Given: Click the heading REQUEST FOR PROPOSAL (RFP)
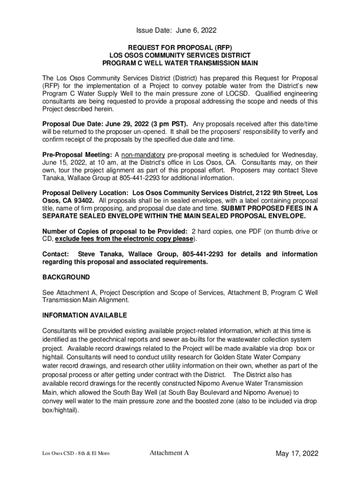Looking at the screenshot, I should pos(180,47).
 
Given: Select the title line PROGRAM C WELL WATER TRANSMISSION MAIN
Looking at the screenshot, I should pos(180,63).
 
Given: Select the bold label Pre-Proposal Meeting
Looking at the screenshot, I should pos(77,155).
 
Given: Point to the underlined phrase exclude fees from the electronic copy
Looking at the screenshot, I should pos(124,239).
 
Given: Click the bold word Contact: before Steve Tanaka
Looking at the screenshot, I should pos(56,254).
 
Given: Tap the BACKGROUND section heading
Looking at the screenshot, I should pos(66,277).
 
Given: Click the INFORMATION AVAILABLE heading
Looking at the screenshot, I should pos(85,316).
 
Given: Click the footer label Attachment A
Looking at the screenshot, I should pos(169,453).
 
